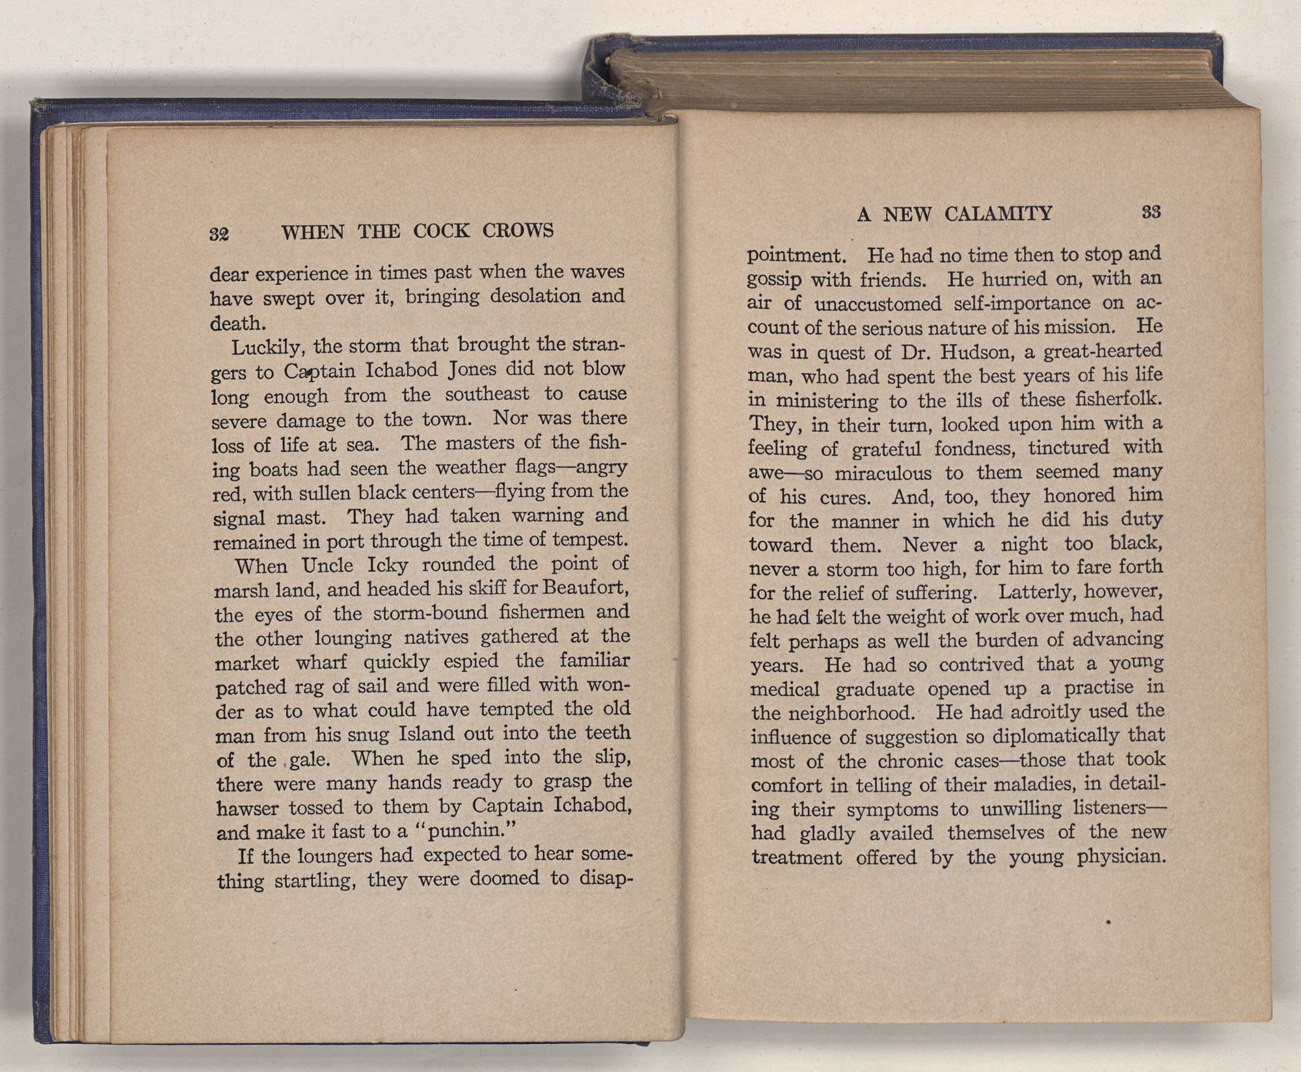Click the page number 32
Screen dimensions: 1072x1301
coord(220,234)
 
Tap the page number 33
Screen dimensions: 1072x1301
coord(1151,213)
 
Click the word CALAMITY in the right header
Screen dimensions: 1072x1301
coord(998,213)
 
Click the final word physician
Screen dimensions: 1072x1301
coord(1119,857)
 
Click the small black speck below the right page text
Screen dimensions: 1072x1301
coord(1106,921)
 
